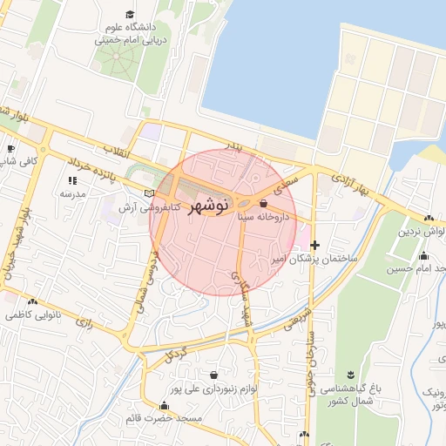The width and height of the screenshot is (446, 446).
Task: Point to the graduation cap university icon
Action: (130, 14)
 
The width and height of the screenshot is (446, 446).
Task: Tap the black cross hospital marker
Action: (314, 246)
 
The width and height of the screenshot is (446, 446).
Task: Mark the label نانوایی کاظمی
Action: (36, 312)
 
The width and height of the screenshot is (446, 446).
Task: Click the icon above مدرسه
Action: (71, 180)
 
